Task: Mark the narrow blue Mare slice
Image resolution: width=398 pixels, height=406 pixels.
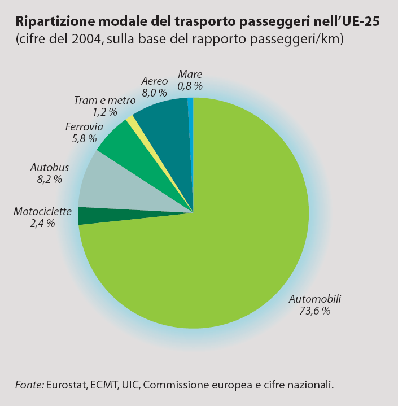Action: (191, 113)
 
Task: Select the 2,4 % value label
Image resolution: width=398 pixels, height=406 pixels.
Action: (42, 224)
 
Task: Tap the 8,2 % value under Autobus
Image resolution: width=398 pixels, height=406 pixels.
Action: (49, 179)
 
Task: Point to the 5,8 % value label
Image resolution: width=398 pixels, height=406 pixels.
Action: (84, 138)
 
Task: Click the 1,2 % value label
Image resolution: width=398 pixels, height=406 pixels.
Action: (104, 112)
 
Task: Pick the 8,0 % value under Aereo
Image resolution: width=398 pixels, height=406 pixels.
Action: (154, 92)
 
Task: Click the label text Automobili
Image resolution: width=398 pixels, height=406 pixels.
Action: (315, 299)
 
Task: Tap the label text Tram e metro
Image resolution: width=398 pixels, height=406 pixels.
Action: (105, 100)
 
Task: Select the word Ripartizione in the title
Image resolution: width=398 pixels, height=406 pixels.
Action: (51, 22)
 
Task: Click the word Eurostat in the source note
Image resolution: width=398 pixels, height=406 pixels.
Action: (66, 385)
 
